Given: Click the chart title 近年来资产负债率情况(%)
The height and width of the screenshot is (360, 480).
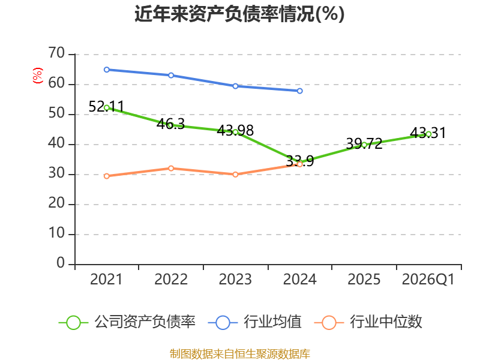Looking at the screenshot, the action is tap(239, 14).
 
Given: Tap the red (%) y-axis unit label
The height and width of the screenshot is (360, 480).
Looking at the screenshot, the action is tap(37, 76).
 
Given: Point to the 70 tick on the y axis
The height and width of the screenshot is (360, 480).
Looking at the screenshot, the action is tap(56, 53).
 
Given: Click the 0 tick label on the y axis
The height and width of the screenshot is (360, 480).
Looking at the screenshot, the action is tap(61, 263).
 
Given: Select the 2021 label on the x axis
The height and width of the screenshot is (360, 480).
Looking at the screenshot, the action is tap(106, 279).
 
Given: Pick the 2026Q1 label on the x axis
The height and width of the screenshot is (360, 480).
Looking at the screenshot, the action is tap(428, 279).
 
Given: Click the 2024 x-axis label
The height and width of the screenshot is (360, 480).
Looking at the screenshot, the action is tap(299, 279).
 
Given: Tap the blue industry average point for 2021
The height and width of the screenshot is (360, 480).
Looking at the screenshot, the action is tap(107, 70).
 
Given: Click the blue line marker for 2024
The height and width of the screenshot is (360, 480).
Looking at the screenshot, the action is tap(299, 91).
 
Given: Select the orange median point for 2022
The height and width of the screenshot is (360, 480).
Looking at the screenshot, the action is tap(171, 169).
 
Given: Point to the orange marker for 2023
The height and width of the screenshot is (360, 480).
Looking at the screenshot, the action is tap(235, 175).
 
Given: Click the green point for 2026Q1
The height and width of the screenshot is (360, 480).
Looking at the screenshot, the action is tap(428, 134).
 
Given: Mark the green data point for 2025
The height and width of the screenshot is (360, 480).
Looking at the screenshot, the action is tap(364, 145).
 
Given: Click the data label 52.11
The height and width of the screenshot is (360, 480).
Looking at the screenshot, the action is tap(106, 107).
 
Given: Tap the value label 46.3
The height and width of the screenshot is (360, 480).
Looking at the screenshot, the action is tap(171, 124).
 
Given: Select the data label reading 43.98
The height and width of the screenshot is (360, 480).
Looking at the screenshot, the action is tap(235, 131).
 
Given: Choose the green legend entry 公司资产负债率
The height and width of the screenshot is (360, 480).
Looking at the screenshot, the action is tap(127, 322).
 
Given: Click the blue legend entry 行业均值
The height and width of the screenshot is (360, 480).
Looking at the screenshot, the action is tap(254, 322).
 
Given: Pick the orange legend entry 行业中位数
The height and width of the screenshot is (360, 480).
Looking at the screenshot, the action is tap(368, 322).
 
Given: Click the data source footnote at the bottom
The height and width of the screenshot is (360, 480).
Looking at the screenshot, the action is tap(240, 354).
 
